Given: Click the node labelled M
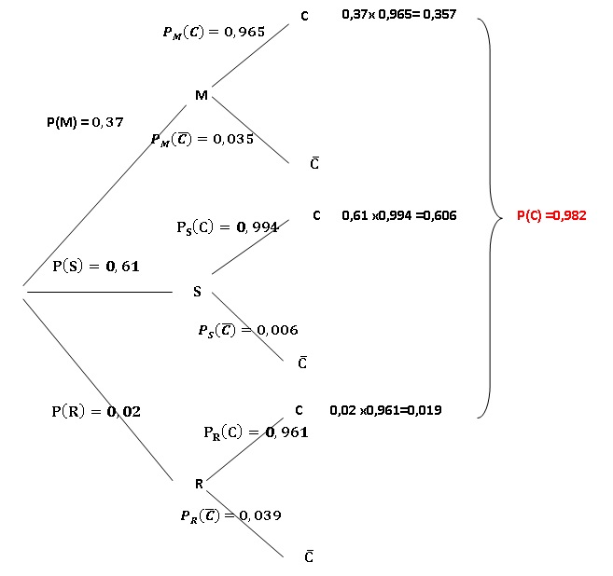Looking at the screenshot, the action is tap(202, 95).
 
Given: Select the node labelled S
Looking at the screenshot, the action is tap(197, 292).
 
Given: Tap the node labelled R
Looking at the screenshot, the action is tap(199, 485).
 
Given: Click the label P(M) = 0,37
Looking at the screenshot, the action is tap(85, 122).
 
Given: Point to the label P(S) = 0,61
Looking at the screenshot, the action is tap(96, 267).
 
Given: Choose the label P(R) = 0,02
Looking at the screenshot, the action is tap(96, 411).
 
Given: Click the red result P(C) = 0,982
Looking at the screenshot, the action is tap(551, 215).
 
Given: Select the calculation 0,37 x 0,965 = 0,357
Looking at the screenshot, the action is tap(399, 15).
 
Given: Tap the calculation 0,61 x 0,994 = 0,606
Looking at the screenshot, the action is tap(399, 215).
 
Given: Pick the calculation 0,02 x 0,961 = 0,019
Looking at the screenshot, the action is tap(386, 410).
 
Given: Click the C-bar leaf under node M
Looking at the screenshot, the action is tap(314, 163).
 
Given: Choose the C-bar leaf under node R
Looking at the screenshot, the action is tap(309, 556).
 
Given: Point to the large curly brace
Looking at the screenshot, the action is tap(490, 218).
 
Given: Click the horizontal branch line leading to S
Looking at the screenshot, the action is tap(100, 292).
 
